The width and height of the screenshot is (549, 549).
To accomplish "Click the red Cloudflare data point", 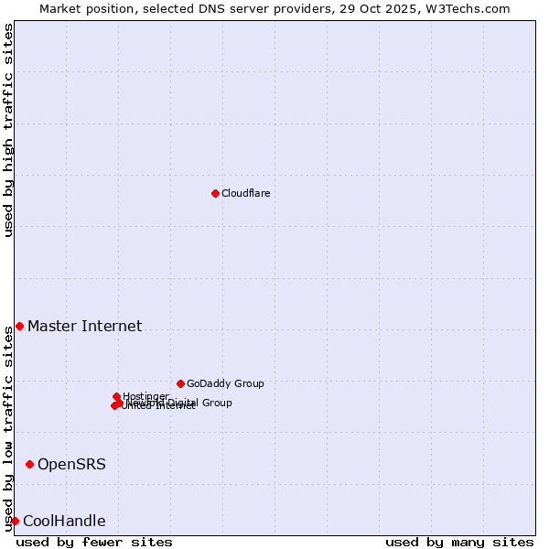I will pos(215,193).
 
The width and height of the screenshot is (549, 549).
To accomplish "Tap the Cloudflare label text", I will pos(245,194).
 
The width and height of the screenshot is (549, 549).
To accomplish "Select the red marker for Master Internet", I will pos(19,327).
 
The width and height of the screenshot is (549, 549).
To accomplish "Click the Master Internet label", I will pos(84,327).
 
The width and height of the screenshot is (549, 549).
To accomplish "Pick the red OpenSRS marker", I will pos(29,465).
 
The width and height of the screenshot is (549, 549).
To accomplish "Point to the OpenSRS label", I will pos(71,465).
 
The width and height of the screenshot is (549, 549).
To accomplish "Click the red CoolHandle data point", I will pos(15,522).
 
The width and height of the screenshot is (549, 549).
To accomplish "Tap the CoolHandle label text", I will pos(64,522).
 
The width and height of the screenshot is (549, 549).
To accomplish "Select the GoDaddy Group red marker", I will pos(180,383).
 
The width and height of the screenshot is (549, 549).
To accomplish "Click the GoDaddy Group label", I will pos(225,384).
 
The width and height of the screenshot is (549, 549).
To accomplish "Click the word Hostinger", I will pos(146,396).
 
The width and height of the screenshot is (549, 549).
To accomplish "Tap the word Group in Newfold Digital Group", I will pos(217,403).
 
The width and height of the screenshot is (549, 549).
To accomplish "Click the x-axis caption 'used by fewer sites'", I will pos(94,542).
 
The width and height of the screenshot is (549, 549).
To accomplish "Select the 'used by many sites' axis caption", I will pos(459,542).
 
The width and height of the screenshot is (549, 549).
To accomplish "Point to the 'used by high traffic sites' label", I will pos(9,130).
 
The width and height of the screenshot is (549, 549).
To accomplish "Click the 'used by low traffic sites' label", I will pos(9,428).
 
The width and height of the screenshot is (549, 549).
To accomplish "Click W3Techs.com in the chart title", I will pos(478,8).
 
